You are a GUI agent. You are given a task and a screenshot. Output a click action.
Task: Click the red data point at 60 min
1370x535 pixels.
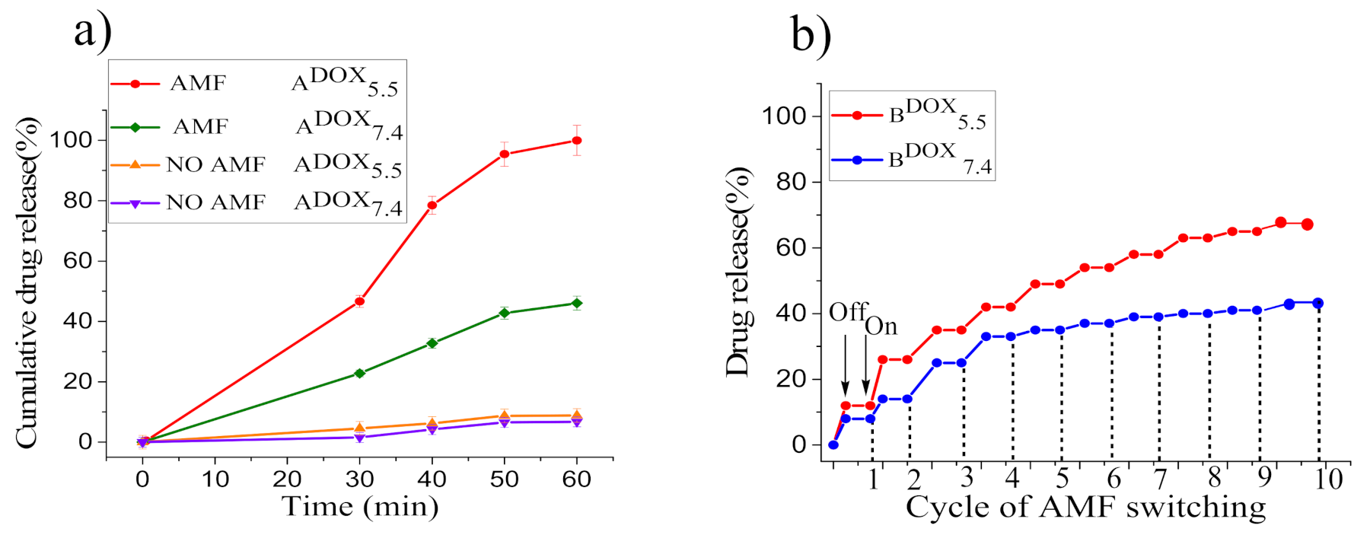coord(577,141)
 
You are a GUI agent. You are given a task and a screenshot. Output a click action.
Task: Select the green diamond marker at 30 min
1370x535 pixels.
coord(359,374)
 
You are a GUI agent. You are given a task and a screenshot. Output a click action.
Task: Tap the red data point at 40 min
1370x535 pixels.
coord(432,205)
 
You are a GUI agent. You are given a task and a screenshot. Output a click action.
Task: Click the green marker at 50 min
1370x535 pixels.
coord(504,313)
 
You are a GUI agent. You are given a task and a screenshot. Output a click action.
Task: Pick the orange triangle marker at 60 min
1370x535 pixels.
coord(577,415)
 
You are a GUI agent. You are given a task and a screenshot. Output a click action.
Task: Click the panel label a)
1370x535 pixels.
coord(92,32)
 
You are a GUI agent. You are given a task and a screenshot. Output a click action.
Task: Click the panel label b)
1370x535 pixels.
coord(811,35)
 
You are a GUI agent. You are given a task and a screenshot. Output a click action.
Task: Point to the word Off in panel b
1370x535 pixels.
coord(847,312)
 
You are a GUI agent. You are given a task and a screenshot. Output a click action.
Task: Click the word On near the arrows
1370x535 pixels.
coord(881,326)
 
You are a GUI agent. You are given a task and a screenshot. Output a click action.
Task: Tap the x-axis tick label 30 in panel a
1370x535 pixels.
coord(359,479)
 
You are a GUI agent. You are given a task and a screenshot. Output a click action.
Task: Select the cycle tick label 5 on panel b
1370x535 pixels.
coord(1062,478)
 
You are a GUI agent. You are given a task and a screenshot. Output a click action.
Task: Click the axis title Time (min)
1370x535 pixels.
coord(360,506)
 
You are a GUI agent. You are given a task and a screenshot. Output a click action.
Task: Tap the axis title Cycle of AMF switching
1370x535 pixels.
coord(1085,507)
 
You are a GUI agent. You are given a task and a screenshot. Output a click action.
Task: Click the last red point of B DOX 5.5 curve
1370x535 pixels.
coord(1307,225)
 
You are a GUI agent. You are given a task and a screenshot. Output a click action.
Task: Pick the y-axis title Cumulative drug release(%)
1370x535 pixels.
coord(27,282)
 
